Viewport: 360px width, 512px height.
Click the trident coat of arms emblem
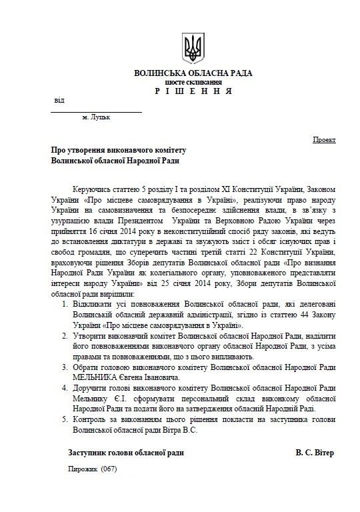[x=193, y=47]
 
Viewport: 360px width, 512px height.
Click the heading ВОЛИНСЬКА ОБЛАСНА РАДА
[x=193, y=73]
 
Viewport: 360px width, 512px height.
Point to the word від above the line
[x=59, y=101]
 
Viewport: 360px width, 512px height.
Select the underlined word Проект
[x=325, y=141]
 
